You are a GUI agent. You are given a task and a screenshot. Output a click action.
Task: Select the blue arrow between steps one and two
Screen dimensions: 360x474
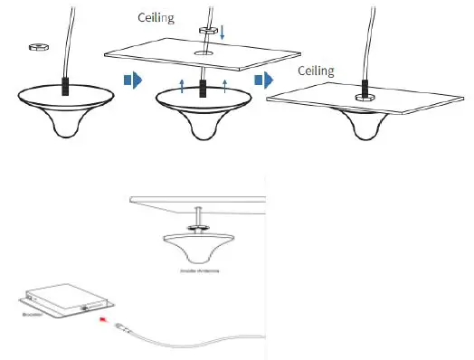coord(131,81)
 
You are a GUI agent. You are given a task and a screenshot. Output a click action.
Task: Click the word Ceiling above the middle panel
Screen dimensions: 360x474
coord(156,17)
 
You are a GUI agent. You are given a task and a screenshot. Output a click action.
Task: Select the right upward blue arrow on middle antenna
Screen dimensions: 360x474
coord(224,86)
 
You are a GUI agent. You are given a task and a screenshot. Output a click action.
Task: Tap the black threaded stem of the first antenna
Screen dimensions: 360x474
coord(65,87)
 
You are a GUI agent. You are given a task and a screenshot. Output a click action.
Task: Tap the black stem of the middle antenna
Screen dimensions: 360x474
coord(203,88)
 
